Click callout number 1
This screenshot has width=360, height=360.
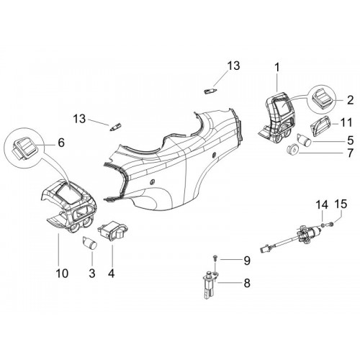pyautogui.click(x=277, y=68)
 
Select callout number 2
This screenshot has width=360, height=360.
pyautogui.click(x=350, y=100)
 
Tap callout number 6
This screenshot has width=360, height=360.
pyautogui.click(x=61, y=143)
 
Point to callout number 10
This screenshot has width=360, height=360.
pyautogui.click(x=62, y=273)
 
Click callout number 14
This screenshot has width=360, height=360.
pyautogui.click(x=322, y=205)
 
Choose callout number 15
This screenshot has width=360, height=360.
pyautogui.click(x=341, y=204)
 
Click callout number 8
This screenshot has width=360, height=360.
pyautogui.click(x=247, y=283)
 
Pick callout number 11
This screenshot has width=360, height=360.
pyautogui.click(x=346, y=122)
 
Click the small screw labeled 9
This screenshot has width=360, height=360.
pyautogui.click(x=215, y=258)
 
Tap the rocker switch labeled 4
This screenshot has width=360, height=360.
pyautogui.click(x=112, y=230)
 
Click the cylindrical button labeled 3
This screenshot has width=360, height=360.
pyautogui.click(x=89, y=243)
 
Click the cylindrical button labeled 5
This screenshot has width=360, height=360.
pyautogui.click(x=305, y=139)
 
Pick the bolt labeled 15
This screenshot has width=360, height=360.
pyautogui.click(x=330, y=225)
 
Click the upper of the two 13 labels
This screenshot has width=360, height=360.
pyautogui.click(x=233, y=66)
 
